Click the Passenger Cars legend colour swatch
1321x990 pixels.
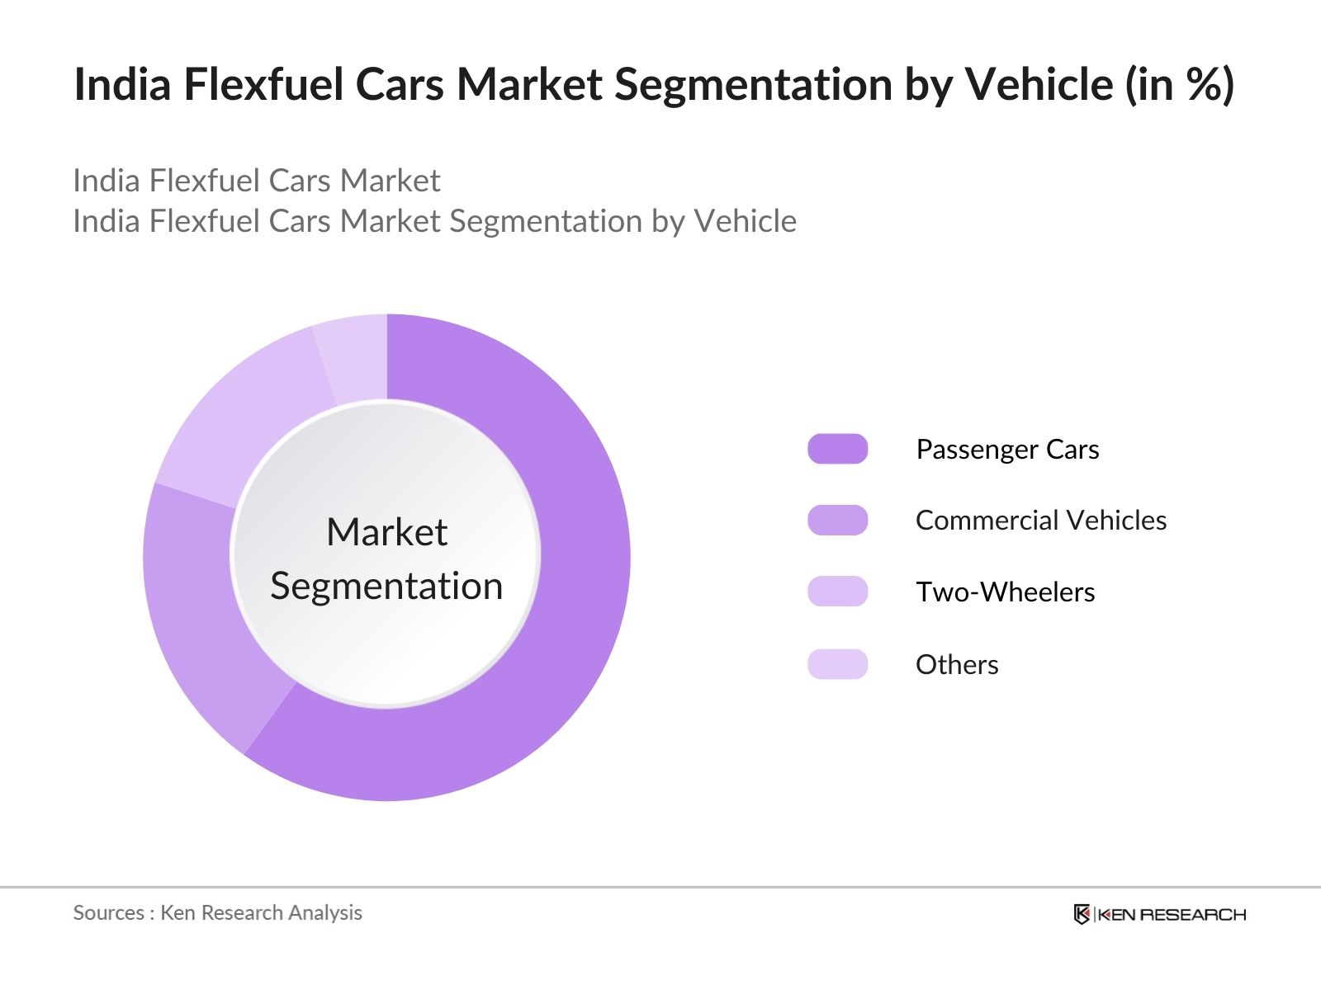(837, 449)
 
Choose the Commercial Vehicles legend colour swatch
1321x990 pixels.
(837, 521)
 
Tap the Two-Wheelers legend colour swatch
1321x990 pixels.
(837, 592)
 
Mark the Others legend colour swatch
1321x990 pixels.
(837, 664)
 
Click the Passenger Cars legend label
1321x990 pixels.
(1007, 450)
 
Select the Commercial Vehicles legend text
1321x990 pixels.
(1040, 521)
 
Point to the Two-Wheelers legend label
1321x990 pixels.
(1005, 592)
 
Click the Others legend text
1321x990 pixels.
(957, 665)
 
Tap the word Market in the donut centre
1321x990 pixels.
(386, 532)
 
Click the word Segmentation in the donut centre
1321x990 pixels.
(386, 587)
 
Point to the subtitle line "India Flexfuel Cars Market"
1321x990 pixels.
(256, 181)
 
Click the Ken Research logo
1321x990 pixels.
(1159, 914)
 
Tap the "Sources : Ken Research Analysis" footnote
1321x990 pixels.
(217, 912)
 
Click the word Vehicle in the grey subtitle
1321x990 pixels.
(745, 221)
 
